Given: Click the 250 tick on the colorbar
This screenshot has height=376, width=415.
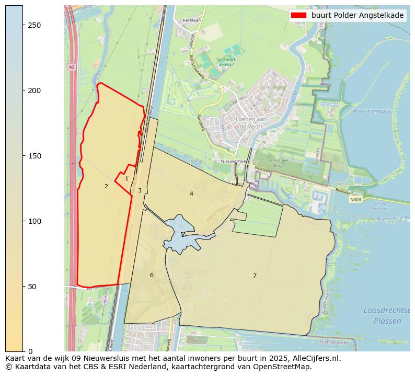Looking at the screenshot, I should pyautogui.click(x=23, y=25).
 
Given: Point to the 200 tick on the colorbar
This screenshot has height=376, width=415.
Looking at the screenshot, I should pyautogui.click(x=23, y=90).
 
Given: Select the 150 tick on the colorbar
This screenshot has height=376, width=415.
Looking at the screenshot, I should pyautogui.click(x=23, y=156).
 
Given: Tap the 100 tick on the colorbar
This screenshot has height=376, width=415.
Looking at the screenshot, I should pyautogui.click(x=23, y=221).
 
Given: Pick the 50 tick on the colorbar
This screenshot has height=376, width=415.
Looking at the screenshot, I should pyautogui.click(x=23, y=287).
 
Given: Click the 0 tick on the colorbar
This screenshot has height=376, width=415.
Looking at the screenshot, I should pyautogui.click(x=23, y=351).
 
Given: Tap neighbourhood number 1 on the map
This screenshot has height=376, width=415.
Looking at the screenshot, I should pyautogui.click(x=126, y=179).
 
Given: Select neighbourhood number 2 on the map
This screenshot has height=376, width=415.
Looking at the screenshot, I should pyautogui.click(x=106, y=186).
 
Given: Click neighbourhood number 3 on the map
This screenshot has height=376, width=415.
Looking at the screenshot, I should pyautogui.click(x=140, y=190).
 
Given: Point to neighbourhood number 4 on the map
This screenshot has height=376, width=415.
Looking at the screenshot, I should pyautogui.click(x=191, y=193).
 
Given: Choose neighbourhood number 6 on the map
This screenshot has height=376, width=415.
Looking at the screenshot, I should pyautogui.click(x=152, y=275).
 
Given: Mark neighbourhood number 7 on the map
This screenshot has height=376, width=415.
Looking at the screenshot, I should pyautogui.click(x=255, y=276).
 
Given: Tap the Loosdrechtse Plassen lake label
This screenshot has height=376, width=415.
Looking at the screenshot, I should pyautogui.click(x=383, y=316).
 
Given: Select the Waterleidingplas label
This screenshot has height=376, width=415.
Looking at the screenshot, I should pyautogui.click(x=372, y=111).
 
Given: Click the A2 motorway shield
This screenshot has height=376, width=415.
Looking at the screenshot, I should pyautogui.click(x=72, y=67).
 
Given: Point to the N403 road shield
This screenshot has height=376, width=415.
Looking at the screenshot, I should pyautogui.click(x=355, y=199).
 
